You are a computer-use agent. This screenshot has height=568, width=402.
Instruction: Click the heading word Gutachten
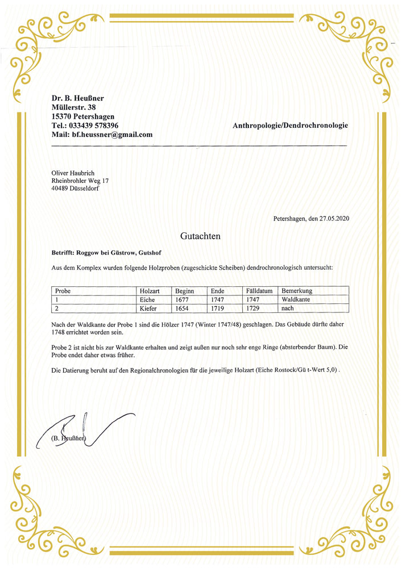click(x=200, y=235)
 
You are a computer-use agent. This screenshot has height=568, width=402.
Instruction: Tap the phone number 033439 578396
click(x=94, y=125)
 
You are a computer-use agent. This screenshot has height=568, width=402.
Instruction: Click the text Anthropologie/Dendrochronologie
click(x=290, y=125)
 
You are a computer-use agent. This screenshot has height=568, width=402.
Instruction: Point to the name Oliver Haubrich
click(x=73, y=173)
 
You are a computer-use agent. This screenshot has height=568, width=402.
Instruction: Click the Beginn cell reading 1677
click(x=185, y=299)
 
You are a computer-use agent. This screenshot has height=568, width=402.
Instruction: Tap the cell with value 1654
click(x=185, y=308)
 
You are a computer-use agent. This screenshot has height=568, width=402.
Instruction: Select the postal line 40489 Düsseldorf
click(x=74, y=189)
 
